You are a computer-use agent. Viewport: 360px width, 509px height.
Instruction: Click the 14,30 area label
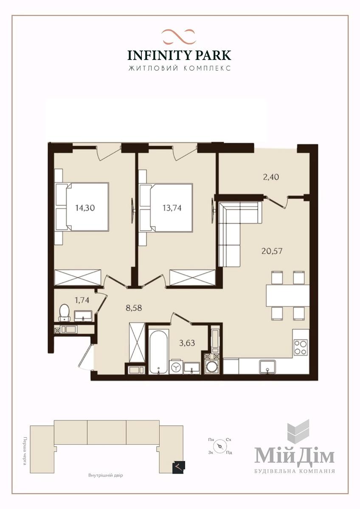click(x=85, y=208)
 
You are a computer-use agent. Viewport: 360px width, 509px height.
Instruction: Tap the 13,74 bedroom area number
click(x=172, y=208)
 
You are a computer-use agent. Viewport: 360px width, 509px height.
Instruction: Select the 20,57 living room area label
click(x=272, y=251)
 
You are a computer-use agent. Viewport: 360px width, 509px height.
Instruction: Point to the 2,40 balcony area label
click(x=271, y=177)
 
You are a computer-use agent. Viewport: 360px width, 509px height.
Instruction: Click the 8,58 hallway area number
click(x=134, y=308)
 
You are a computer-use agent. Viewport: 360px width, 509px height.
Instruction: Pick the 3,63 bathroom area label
click(x=187, y=343)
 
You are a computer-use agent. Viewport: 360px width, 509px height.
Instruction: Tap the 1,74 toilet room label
click(x=82, y=300)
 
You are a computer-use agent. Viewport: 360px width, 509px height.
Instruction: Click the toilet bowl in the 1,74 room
click(x=65, y=313)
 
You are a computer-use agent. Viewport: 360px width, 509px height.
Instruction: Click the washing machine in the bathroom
click(x=176, y=367)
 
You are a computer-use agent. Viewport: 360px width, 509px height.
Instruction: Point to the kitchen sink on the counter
click(x=268, y=367)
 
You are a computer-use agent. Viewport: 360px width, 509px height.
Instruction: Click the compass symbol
click(x=219, y=446)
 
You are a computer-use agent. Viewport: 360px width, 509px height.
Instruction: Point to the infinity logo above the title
click(x=179, y=36)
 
